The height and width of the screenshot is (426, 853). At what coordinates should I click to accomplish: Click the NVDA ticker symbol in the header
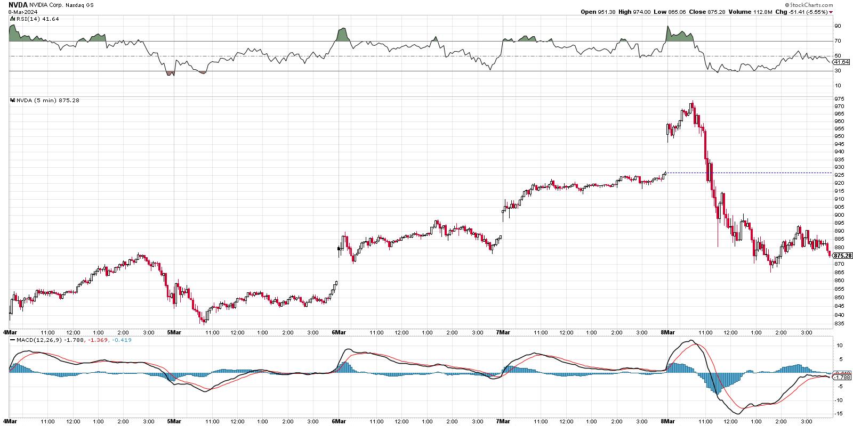(x=18, y=4)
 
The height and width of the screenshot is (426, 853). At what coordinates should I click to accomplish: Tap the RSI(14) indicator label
(x=33, y=19)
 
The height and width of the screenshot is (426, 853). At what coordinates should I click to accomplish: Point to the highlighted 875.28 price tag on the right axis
(x=843, y=256)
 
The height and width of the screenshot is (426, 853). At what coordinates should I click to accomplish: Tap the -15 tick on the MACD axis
(x=839, y=414)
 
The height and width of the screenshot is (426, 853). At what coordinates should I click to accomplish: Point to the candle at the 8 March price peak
(x=691, y=105)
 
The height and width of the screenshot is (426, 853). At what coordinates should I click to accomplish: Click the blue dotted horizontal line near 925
(x=746, y=173)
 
